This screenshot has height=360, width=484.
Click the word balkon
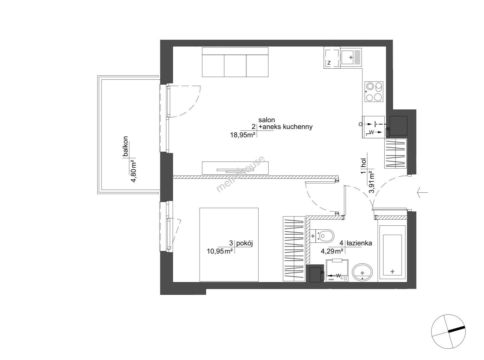point(125,146)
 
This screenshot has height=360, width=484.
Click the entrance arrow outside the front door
point(422,193)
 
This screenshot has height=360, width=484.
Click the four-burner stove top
point(374,91)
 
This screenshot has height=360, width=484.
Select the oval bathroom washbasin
point(362,273)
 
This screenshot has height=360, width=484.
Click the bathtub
point(392,252)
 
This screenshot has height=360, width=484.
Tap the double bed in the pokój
point(229,245)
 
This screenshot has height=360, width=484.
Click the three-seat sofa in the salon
point(235,62)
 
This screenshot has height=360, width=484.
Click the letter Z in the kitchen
point(329,63)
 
